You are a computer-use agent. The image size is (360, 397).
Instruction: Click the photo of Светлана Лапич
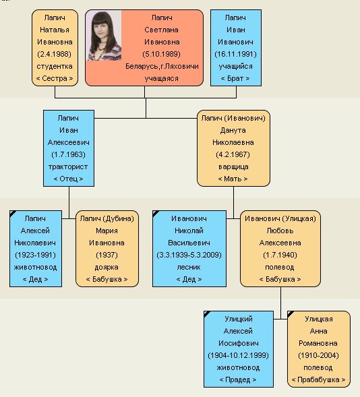pyautogui.click(x=104, y=36)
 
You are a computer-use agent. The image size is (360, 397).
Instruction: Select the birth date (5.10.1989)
pyautogui.click(x=162, y=54)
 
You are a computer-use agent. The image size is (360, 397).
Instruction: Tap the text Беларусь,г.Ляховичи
pyautogui.click(x=162, y=66)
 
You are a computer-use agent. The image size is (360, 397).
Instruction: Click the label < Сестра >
pyautogui.click(x=55, y=78)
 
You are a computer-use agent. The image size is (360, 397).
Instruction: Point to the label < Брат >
pyautogui.click(x=235, y=78)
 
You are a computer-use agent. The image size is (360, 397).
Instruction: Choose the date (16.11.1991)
pyautogui.click(x=236, y=54)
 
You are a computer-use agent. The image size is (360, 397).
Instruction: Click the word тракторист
pyautogui.click(x=68, y=167)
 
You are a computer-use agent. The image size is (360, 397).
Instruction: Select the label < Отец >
pyautogui.click(x=68, y=179)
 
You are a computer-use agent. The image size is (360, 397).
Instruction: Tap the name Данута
pyautogui.click(x=233, y=130)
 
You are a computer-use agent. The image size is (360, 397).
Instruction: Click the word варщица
pyautogui.click(x=233, y=167)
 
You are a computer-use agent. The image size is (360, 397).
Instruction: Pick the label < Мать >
pyautogui.click(x=233, y=179)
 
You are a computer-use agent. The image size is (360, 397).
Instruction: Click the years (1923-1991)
pyautogui.click(x=36, y=255)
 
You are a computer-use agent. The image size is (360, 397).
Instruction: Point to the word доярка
pyautogui.click(x=107, y=268)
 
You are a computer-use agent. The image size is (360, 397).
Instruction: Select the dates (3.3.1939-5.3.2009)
pyautogui.click(x=189, y=255)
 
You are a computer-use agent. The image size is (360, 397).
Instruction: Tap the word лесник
pyautogui.click(x=189, y=268)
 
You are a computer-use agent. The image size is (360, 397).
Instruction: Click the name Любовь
pyautogui.click(x=280, y=231)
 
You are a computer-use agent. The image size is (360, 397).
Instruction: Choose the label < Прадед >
pyautogui.click(x=238, y=379)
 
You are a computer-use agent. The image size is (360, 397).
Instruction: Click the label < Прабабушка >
pyautogui.click(x=318, y=379)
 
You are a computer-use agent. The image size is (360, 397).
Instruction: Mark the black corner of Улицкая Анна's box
pyautogui.click(x=290, y=313)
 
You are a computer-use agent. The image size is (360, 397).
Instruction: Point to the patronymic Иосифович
pyautogui.click(x=239, y=343)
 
